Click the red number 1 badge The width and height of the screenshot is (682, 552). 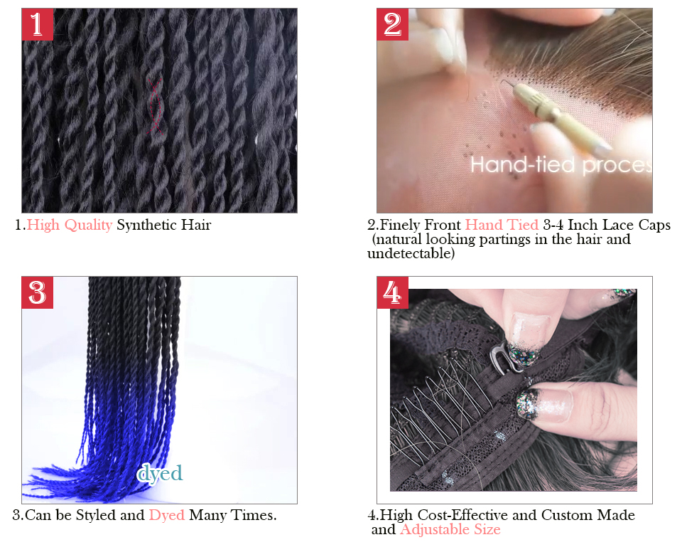[x=38, y=24]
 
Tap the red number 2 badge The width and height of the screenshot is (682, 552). [x=392, y=24]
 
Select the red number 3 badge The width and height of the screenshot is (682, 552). [x=38, y=292]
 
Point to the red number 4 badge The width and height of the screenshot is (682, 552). [x=392, y=292]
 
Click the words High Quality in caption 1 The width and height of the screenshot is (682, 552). [x=70, y=225]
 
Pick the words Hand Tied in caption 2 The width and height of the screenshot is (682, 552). [x=502, y=225]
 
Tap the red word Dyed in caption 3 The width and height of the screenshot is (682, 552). [x=167, y=516]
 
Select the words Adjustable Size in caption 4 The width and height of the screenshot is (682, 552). [x=450, y=530]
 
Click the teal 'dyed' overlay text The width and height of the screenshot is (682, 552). [x=160, y=474]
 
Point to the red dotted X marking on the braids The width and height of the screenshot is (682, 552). [x=154, y=106]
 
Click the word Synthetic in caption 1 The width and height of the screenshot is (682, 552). [x=146, y=225]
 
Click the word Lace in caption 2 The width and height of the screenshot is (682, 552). [x=617, y=225]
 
